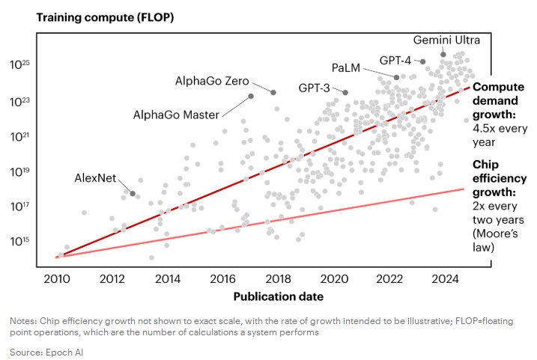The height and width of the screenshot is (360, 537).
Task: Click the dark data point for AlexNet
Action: click(133, 194)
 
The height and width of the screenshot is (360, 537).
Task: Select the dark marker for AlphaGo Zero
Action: click(273, 92)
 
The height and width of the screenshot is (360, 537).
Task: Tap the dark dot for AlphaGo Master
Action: click(251, 96)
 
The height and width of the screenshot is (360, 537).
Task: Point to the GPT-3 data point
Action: click(345, 92)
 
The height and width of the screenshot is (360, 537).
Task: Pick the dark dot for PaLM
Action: click(396, 77)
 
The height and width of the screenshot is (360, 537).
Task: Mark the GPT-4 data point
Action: click(423, 61)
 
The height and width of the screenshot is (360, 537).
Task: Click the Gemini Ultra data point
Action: click(443, 54)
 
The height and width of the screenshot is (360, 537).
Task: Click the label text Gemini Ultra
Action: click(446, 39)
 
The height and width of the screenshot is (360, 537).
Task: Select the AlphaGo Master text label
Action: click(176, 115)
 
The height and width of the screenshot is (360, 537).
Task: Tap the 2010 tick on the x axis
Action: click(57, 278)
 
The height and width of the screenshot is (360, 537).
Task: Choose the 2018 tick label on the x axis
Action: click(278, 278)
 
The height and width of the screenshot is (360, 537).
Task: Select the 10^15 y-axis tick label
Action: click(19, 241)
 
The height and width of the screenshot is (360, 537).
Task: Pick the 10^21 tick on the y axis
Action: click(19, 136)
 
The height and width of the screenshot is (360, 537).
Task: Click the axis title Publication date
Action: click(278, 296)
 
